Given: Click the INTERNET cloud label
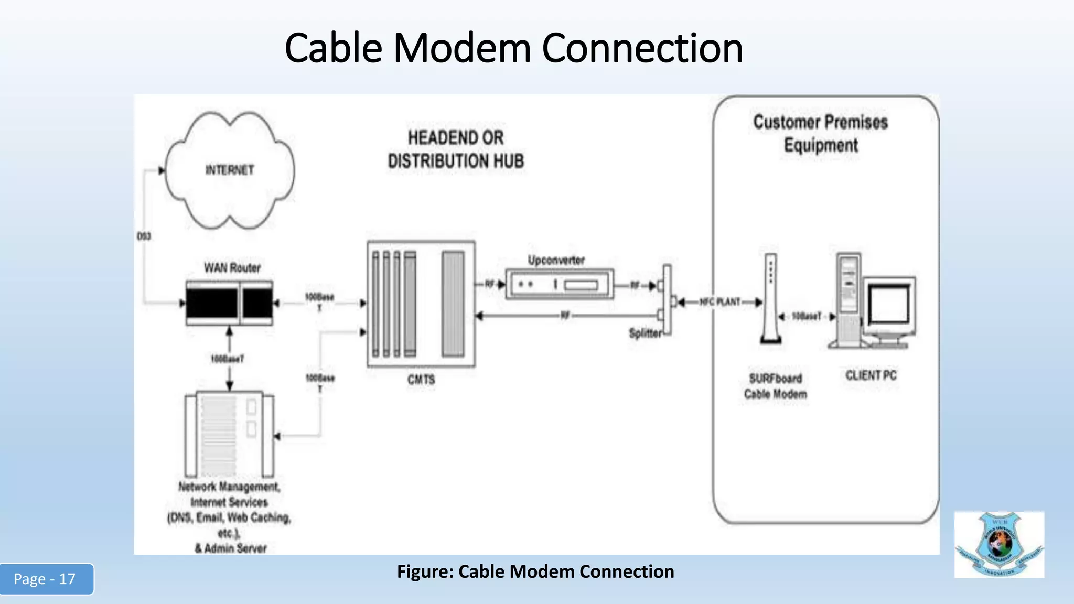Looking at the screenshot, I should click(x=230, y=170).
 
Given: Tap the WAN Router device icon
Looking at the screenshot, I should click(x=229, y=303).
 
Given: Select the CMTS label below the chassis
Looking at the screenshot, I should click(x=421, y=380).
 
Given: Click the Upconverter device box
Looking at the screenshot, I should click(x=559, y=285).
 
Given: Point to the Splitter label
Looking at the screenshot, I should click(x=645, y=333).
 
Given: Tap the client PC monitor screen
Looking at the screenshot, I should click(x=888, y=305).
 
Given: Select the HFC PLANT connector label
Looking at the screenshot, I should click(x=720, y=302).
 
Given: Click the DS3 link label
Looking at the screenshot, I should click(x=144, y=236).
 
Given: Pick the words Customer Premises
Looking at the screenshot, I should click(x=820, y=122).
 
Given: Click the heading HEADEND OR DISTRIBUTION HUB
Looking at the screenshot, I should click(x=456, y=149).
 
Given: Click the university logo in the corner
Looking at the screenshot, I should click(x=999, y=545).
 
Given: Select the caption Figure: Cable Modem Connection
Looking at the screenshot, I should click(x=535, y=571).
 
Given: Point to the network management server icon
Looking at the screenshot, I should click(x=229, y=434).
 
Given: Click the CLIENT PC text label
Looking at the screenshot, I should click(x=871, y=375).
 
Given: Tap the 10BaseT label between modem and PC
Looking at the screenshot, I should click(x=807, y=317).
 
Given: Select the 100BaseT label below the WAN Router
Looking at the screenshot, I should click(x=227, y=359).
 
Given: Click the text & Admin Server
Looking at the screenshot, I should click(x=231, y=548).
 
